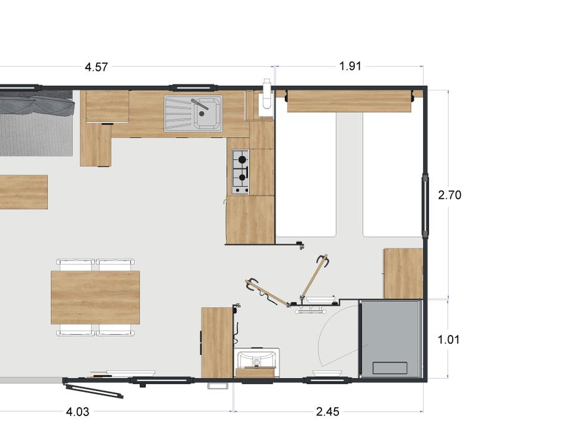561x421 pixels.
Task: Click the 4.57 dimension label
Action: pos(96,67)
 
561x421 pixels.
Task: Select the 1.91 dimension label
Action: pos(350,66)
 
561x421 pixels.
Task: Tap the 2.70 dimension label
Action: pos(449,195)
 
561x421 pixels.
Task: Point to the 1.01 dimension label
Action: pos(448,339)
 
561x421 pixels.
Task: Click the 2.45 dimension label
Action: pos(328,412)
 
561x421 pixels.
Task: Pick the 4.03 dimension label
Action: pos(78,412)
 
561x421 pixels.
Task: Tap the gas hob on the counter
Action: pos(241,172)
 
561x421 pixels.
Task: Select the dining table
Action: pos(95,298)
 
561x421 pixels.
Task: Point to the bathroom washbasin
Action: pos(257,359)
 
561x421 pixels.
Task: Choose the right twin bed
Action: pos(393,174)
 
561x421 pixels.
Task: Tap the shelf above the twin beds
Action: pos(350,101)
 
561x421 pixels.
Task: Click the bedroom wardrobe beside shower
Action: pos(403,274)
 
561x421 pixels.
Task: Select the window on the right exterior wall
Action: pos(425,205)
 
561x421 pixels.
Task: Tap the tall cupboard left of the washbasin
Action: pos(217,342)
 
